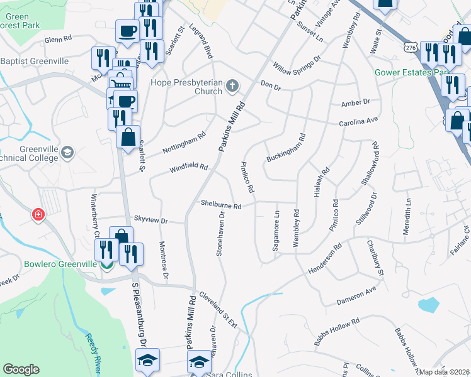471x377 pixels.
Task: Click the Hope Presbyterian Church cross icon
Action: [x=232, y=85]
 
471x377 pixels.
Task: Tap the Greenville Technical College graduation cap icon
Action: [x=68, y=152]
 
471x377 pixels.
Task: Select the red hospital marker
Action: [x=39, y=215]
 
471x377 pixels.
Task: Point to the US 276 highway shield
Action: [x=411, y=48]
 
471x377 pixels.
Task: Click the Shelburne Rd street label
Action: [x=221, y=205]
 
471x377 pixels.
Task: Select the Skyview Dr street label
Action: [x=150, y=220]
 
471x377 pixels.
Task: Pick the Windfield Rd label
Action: [x=189, y=168]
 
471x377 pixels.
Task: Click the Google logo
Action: [x=21, y=369]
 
